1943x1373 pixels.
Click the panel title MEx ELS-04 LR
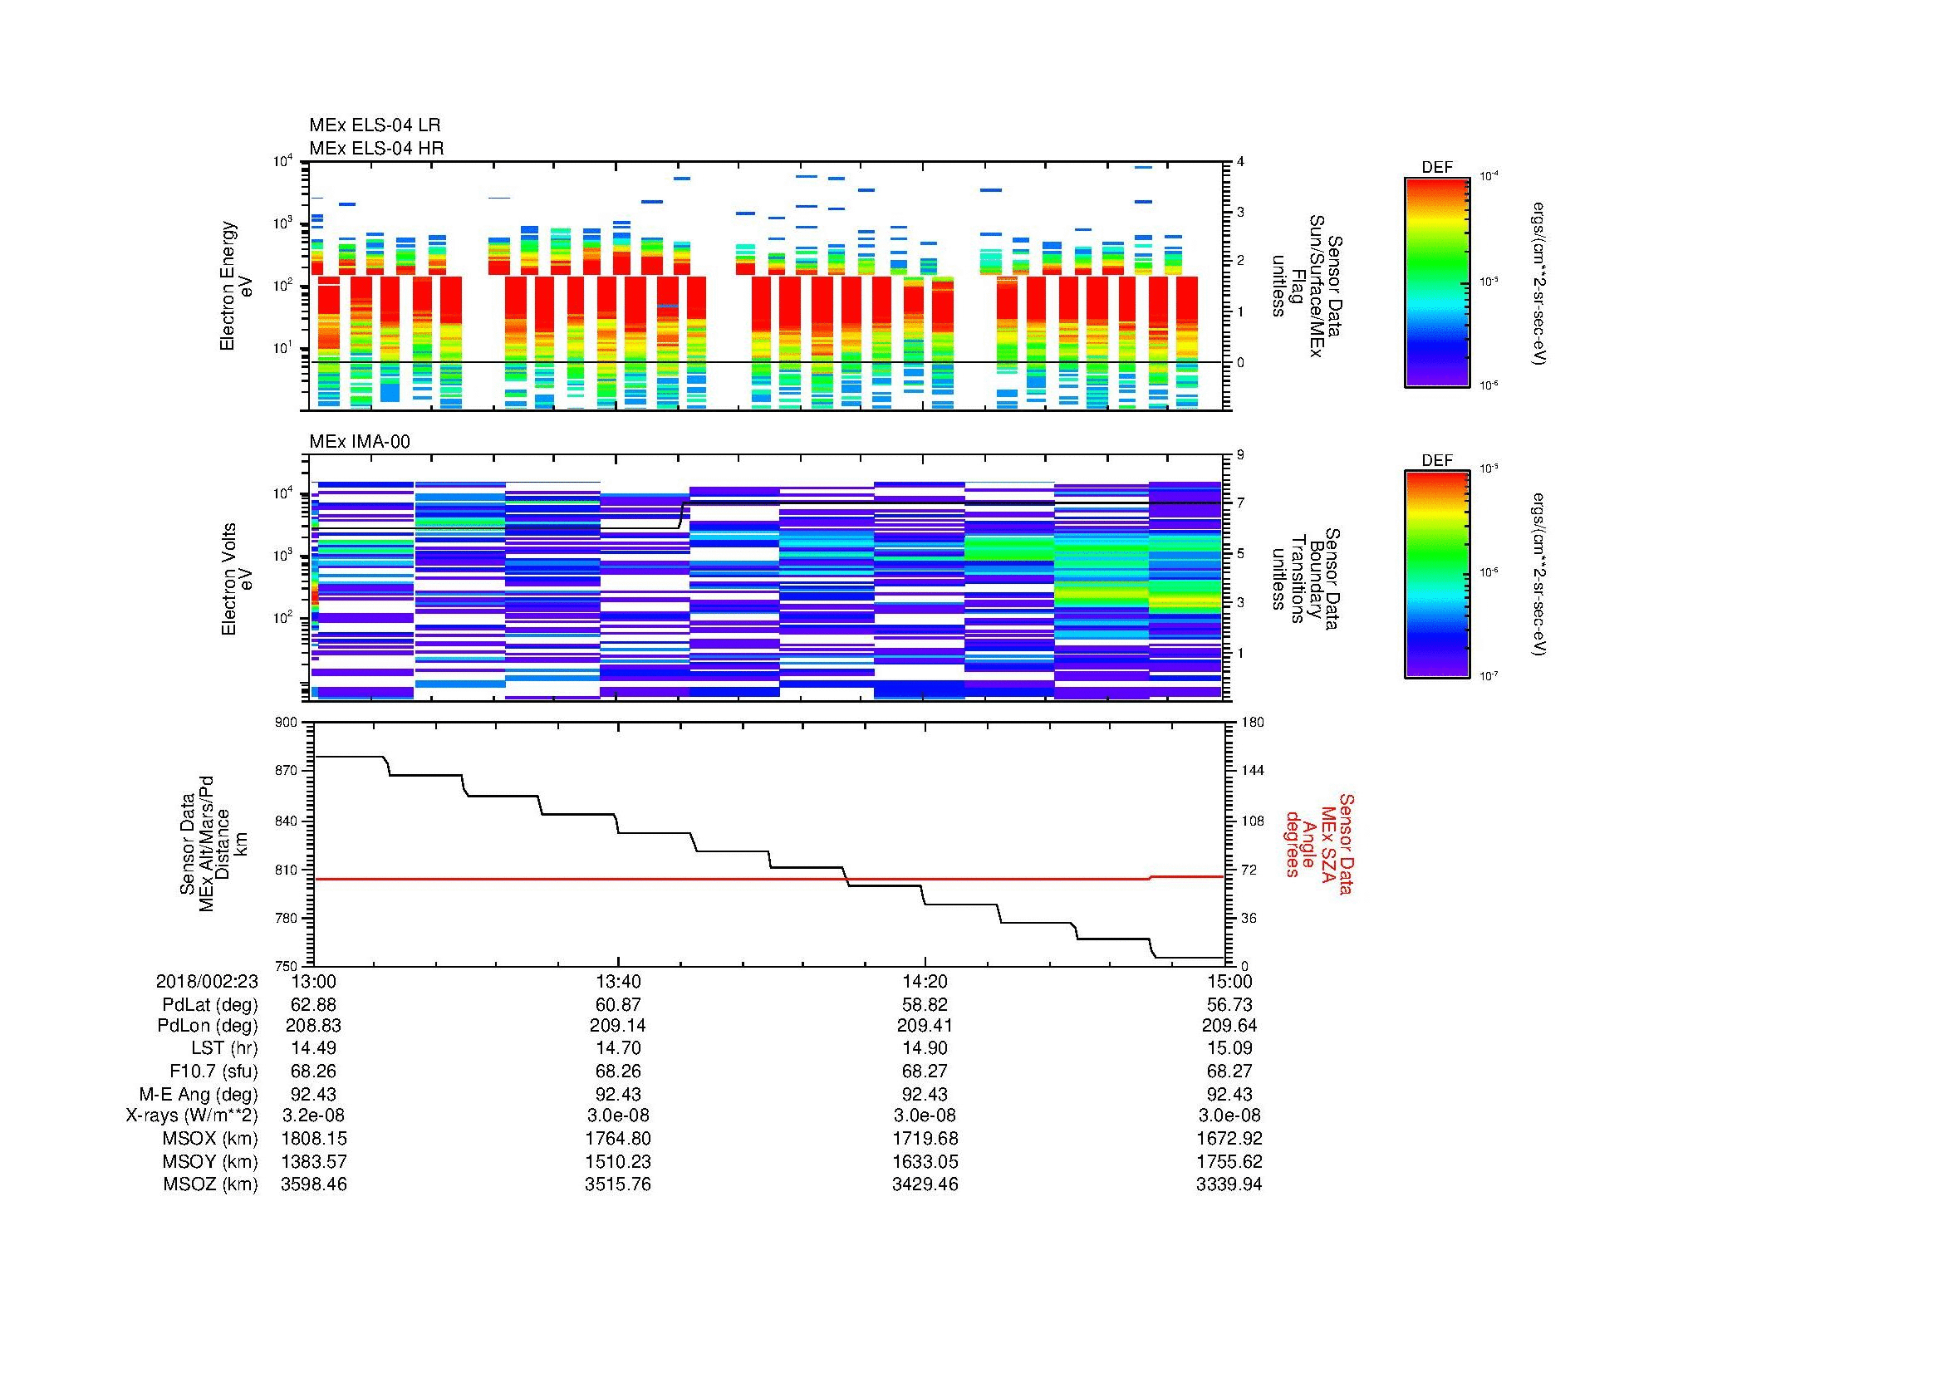(x=375, y=125)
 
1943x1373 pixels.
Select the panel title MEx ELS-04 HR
(x=376, y=148)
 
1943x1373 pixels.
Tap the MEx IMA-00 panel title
(x=360, y=442)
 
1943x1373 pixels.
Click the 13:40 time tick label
(x=619, y=981)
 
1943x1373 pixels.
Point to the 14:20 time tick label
(x=925, y=981)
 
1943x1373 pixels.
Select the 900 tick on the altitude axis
(x=286, y=723)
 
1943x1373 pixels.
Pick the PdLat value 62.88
(x=313, y=1004)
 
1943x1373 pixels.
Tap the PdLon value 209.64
(x=1229, y=1025)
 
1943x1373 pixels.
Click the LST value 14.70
(x=619, y=1048)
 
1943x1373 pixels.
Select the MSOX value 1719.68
(x=925, y=1139)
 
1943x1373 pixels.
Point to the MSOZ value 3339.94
(x=1229, y=1184)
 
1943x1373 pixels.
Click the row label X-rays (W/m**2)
(x=192, y=1116)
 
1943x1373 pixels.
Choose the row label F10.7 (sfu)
(x=213, y=1071)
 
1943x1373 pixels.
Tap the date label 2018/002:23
(x=208, y=981)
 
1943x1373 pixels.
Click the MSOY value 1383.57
(x=313, y=1161)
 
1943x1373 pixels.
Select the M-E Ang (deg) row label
(x=199, y=1094)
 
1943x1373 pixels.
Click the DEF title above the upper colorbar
(x=1437, y=168)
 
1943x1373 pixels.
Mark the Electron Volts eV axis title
(x=237, y=579)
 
